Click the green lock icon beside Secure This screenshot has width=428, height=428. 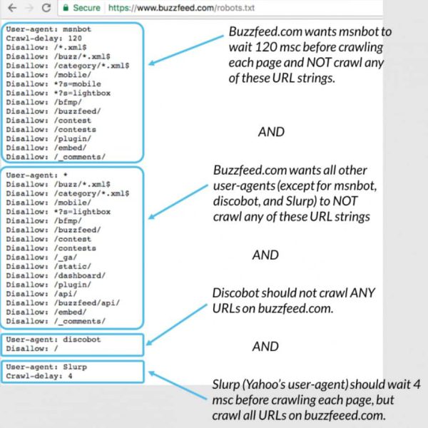[66, 9]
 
